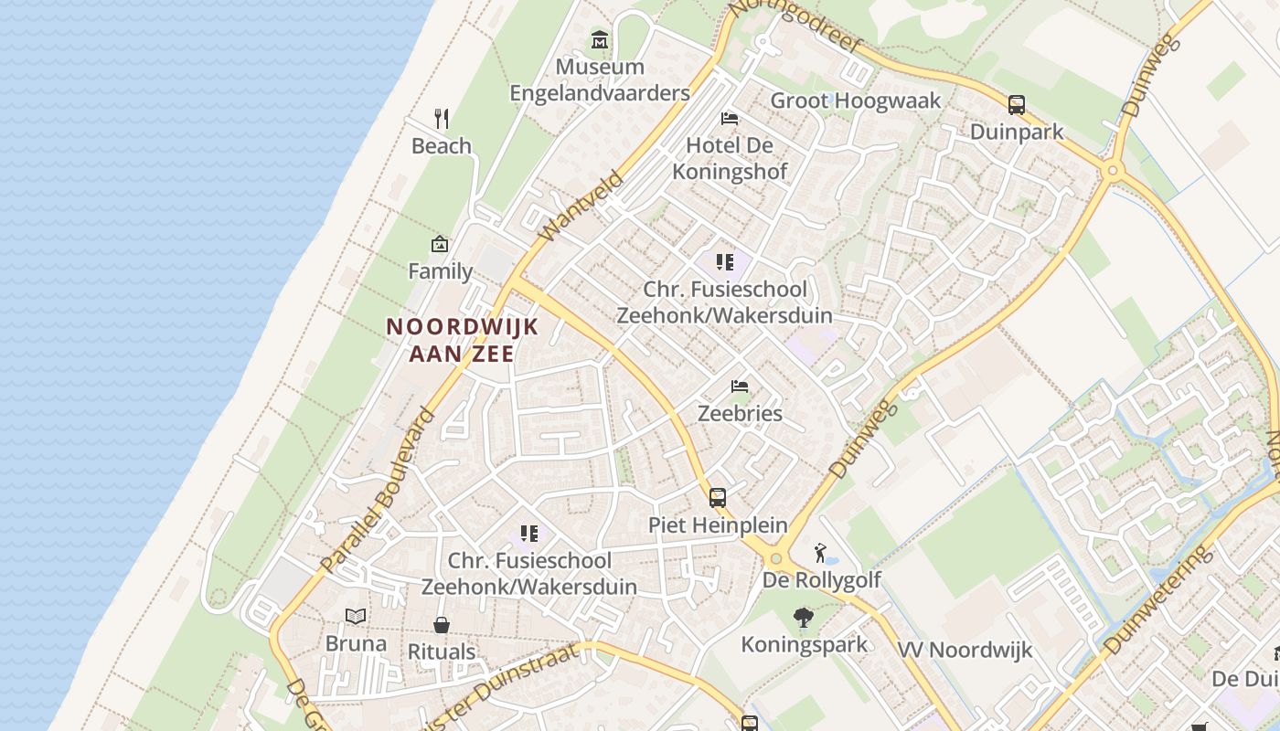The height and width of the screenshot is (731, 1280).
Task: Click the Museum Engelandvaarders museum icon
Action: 600,40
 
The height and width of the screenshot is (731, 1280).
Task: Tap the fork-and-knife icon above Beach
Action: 442,118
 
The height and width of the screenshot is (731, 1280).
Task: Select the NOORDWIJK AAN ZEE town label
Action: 462,340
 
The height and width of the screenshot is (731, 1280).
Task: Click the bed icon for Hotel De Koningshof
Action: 730,119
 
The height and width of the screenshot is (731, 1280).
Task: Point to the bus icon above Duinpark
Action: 1017,105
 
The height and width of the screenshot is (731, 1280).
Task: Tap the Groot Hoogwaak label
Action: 856,101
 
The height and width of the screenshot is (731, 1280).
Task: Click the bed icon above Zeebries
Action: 740,387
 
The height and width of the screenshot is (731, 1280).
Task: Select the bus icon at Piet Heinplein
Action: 718,498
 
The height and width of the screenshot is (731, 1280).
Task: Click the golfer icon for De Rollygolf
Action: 821,553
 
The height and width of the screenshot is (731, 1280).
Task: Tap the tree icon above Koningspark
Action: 804,619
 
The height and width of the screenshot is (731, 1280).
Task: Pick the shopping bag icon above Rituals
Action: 442,625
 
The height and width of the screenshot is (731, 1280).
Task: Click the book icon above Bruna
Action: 356,617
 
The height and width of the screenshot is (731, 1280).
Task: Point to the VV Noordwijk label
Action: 965,651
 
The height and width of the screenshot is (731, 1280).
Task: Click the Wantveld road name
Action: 581,207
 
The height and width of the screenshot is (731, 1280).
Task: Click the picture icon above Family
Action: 440,244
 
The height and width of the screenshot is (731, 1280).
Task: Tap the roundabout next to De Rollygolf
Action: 776,558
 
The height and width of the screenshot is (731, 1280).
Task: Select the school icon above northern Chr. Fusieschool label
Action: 725,263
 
